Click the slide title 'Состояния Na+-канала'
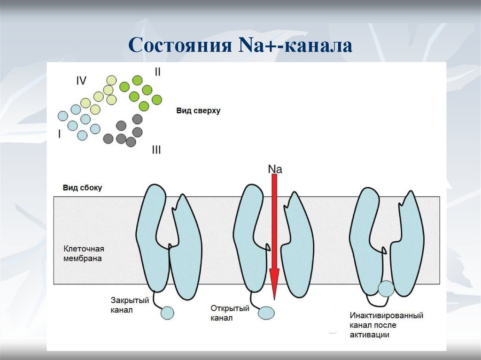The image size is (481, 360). pyautogui.click(x=240, y=46)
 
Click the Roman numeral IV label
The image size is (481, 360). pyautogui.click(x=81, y=81)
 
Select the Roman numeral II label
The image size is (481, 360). pyautogui.click(x=158, y=72)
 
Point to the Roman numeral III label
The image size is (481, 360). pyautogui.click(x=156, y=150)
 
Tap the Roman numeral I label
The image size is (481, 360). pyautogui.click(x=60, y=134)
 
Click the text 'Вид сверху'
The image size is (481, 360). pyautogui.click(x=198, y=111)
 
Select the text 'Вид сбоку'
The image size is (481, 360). pyautogui.click(x=82, y=188)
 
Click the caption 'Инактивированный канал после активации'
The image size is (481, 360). pyautogui.click(x=386, y=325)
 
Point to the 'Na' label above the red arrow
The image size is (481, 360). pyautogui.click(x=275, y=169)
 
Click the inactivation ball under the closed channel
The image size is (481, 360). pyautogui.click(x=168, y=312)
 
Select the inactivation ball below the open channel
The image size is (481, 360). pyautogui.click(x=266, y=313)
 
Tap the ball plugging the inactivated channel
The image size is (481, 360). pyautogui.click(x=386, y=289)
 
